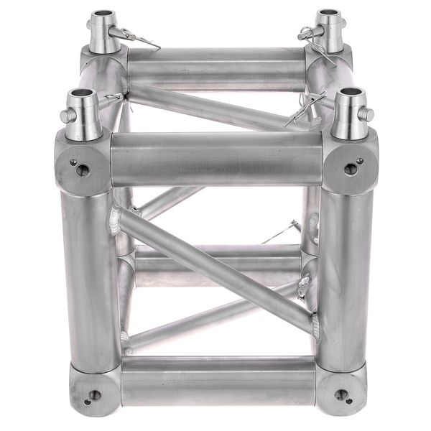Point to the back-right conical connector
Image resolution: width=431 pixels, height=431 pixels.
click(x=329, y=32)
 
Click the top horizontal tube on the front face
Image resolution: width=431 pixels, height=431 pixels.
click(x=215, y=158)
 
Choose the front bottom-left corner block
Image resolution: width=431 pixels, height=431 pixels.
click(x=93, y=391)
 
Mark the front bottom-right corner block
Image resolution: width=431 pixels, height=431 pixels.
click(x=341, y=391)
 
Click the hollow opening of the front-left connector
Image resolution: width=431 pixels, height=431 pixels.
click(x=82, y=94)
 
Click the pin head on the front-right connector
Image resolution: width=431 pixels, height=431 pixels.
click(x=369, y=114)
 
